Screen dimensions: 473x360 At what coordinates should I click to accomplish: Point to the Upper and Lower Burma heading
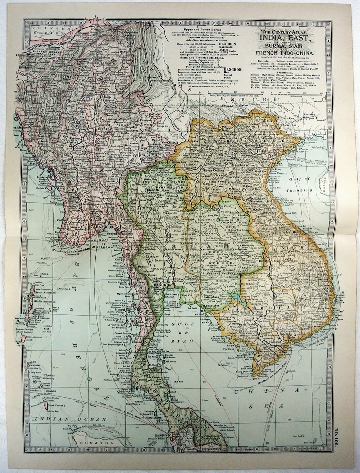point(188,29)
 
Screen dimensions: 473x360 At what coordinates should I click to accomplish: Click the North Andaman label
point(46,294)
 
